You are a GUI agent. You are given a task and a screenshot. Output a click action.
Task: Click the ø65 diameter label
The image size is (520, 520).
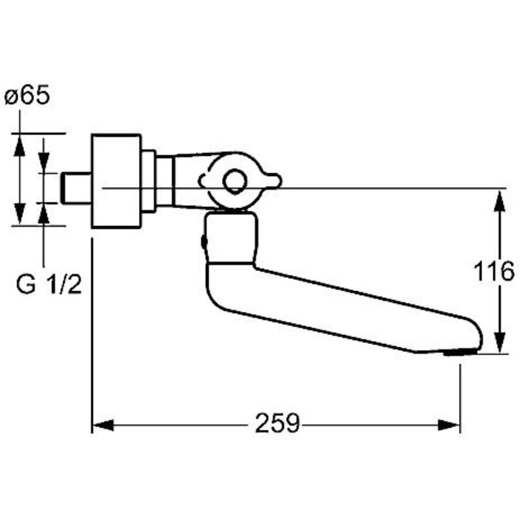pyautogui.click(x=27, y=97)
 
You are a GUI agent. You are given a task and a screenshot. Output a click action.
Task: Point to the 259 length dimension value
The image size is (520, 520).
pyautogui.click(x=277, y=424)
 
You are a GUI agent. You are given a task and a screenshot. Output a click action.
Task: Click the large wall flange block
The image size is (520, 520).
pyautogui.click(x=115, y=181)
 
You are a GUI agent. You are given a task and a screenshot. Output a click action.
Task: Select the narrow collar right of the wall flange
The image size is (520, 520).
pyautogui.click(x=149, y=181)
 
